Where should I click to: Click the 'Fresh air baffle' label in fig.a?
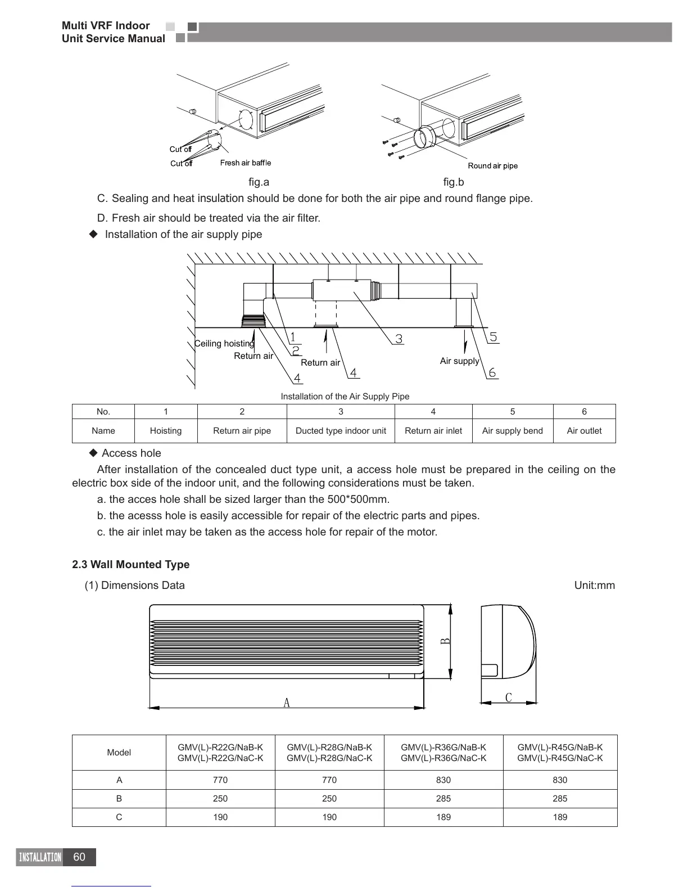[x=245, y=163]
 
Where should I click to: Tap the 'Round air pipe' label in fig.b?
[x=492, y=166]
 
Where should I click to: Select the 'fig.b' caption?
[x=453, y=182]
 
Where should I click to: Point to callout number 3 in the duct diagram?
[x=399, y=339]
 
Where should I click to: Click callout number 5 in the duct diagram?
[x=493, y=337]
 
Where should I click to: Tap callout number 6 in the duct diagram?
[x=492, y=372]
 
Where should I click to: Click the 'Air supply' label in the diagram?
[x=459, y=361]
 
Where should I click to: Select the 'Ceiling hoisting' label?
[x=224, y=344]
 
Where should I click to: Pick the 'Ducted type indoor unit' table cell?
[x=341, y=431]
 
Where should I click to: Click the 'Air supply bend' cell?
[x=512, y=431]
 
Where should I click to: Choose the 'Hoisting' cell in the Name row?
[x=165, y=431]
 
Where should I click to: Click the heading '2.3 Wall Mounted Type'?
[x=130, y=565]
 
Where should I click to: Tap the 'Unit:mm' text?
[x=594, y=586]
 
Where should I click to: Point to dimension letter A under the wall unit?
[x=287, y=703]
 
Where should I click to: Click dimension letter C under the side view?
[x=508, y=698]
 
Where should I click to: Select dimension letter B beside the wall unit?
[x=444, y=641]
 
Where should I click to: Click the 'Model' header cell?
[x=119, y=753]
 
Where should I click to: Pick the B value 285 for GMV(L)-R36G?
[x=443, y=799]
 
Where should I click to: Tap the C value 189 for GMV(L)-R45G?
[x=560, y=817]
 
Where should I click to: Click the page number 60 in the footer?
[x=79, y=857]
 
